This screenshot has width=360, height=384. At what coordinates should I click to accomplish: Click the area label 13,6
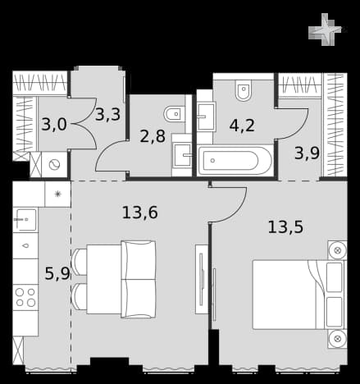(139, 213)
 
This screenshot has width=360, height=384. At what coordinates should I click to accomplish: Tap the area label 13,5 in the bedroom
(285, 227)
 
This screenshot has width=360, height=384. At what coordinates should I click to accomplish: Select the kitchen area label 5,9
(57, 273)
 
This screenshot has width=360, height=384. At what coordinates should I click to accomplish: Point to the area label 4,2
(242, 126)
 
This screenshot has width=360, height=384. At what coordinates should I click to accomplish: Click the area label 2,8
(153, 136)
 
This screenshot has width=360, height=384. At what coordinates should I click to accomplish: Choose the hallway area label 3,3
(107, 114)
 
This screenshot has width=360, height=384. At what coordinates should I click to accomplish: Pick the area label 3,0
(54, 125)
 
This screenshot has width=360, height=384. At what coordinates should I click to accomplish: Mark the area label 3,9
(307, 153)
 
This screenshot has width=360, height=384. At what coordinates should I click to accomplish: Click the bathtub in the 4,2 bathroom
(235, 161)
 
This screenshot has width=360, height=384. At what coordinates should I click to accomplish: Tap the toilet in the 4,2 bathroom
(243, 90)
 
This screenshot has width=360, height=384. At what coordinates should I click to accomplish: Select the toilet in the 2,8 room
(174, 113)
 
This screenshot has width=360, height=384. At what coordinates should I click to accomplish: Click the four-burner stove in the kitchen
(25, 297)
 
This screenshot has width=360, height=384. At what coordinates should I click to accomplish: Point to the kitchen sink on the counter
(25, 220)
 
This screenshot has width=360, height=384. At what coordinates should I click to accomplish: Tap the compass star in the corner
(325, 30)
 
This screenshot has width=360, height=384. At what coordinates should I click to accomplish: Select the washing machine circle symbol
(54, 165)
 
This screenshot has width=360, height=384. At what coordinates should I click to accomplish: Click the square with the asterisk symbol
(57, 194)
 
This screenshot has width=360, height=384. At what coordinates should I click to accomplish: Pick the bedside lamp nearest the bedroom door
(337, 250)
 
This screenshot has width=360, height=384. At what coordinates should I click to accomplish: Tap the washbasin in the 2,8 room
(182, 155)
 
